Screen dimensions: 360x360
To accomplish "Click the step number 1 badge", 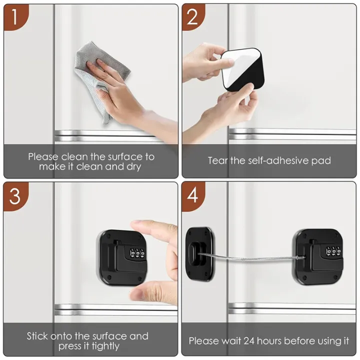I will coord(14,17).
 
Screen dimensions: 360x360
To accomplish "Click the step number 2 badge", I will coord(193,17).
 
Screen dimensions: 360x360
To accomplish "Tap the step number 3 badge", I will coord(15,195).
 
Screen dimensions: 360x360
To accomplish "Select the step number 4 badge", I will coord(193,195).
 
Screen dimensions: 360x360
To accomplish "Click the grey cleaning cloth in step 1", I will coord(95,75).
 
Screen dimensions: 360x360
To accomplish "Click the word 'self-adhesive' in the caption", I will coord(272,161).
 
